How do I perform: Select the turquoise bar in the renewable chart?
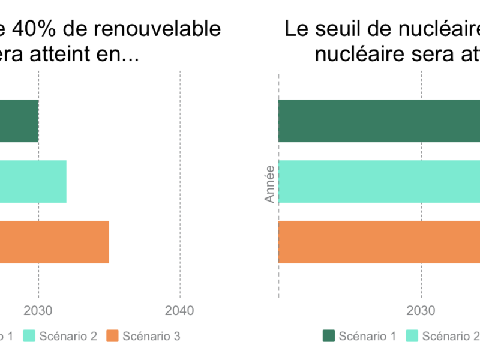33,181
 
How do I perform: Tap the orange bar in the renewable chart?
54,242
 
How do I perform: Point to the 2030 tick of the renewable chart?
39,311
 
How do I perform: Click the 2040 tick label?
179,311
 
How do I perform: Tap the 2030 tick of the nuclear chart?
422,311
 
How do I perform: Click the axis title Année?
270,184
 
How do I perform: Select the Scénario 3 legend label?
151,336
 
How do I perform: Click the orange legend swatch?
113,336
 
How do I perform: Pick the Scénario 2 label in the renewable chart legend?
68,336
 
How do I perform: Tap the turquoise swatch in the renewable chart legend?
30,336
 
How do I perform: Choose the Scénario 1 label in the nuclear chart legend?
367,336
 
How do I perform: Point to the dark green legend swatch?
329,336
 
